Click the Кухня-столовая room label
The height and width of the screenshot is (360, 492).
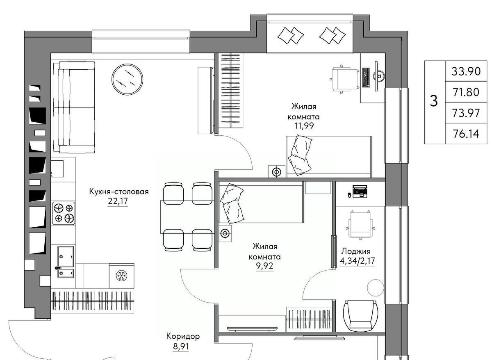coord(119,192)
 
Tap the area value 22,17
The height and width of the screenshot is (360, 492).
coord(118,201)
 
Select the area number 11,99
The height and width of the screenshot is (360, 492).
coord(304,126)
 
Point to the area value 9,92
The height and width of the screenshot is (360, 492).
coord(265,266)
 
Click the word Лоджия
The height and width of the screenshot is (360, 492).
coord(356,251)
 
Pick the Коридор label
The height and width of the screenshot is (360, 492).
coord(183,336)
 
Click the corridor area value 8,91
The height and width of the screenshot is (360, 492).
coord(181,346)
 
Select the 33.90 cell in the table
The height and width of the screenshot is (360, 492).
coord(466,71)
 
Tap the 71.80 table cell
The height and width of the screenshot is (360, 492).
coord(466,92)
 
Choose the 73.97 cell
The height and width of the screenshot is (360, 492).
coord(466,113)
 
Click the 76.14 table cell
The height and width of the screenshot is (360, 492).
coord(466,134)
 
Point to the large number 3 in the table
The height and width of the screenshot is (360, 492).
coord(434,101)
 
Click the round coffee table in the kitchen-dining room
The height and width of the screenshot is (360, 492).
coord(127,79)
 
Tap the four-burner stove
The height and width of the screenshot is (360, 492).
coord(64,213)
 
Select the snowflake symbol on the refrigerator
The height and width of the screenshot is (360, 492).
coord(121,276)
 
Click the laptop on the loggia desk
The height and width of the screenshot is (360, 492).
coord(360,191)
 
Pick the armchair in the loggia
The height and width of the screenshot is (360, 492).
coord(360,316)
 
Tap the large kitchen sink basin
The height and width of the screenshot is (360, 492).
coord(66,257)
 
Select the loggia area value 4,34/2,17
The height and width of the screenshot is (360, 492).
coord(358,261)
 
